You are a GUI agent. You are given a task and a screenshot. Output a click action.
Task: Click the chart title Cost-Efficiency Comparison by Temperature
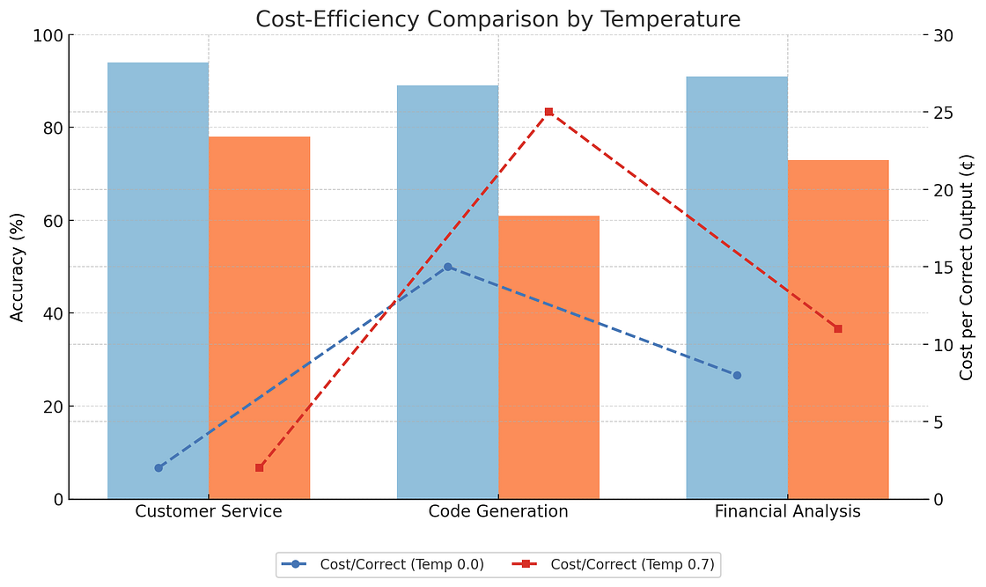point(497,18)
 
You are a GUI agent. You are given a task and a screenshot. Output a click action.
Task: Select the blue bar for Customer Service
point(158,282)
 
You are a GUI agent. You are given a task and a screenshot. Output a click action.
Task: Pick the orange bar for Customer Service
point(259,317)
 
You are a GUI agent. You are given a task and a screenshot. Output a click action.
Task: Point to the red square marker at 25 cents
point(548,112)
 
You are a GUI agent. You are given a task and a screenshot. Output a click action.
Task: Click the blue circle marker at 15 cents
point(447,267)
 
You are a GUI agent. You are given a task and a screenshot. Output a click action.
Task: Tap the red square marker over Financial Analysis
point(838,328)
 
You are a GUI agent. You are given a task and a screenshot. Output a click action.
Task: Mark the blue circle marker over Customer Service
point(158,468)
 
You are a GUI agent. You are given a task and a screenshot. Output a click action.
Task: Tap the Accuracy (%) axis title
point(18,267)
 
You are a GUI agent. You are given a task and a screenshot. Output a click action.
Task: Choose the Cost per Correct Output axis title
point(967,267)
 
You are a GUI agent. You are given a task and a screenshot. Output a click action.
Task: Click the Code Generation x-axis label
point(497,512)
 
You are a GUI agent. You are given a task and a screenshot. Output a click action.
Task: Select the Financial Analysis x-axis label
point(787,512)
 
